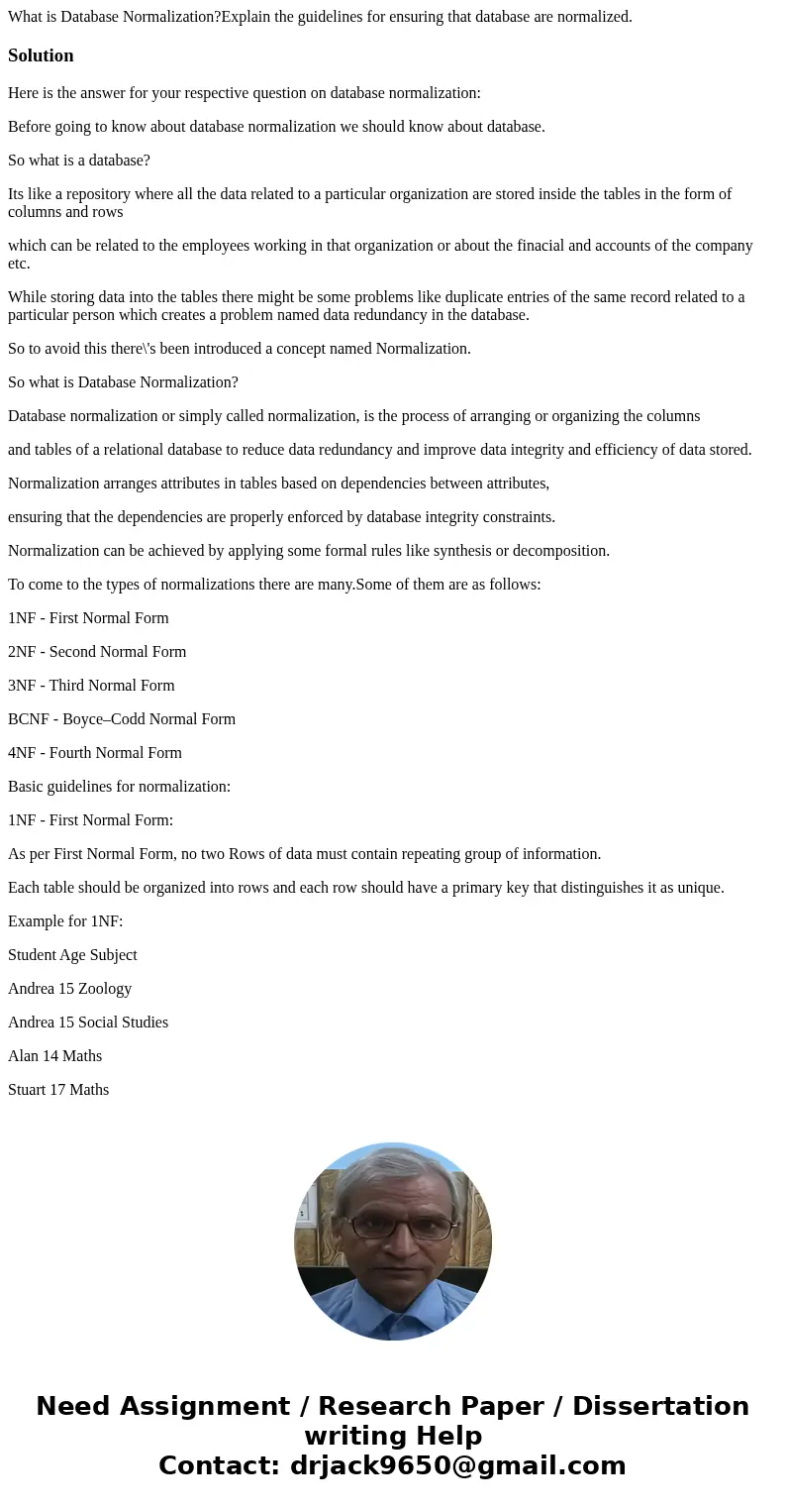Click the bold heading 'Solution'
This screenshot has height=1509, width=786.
tap(41, 55)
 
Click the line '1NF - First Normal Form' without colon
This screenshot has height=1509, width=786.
tap(88, 618)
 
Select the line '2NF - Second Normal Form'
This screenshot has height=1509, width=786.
tap(97, 652)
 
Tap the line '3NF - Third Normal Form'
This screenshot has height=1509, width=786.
tap(91, 686)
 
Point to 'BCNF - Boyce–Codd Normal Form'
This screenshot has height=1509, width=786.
tap(122, 719)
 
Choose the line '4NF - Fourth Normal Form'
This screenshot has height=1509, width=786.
tap(95, 753)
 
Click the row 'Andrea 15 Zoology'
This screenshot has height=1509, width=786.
tap(69, 989)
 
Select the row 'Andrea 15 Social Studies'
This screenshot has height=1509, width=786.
tap(88, 1023)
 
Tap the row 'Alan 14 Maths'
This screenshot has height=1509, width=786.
tap(54, 1056)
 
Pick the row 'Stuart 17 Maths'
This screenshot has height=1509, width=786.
tap(58, 1090)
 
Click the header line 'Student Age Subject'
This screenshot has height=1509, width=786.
tap(72, 955)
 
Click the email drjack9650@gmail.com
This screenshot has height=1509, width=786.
tap(457, 1465)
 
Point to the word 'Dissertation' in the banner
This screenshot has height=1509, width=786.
tap(660, 1406)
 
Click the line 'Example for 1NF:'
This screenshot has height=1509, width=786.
tap(65, 921)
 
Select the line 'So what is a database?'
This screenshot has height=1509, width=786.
tap(79, 161)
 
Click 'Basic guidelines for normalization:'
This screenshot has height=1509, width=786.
tap(119, 787)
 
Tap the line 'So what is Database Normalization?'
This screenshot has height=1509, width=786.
tap(123, 382)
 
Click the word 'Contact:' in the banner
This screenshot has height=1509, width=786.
tap(219, 1465)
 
